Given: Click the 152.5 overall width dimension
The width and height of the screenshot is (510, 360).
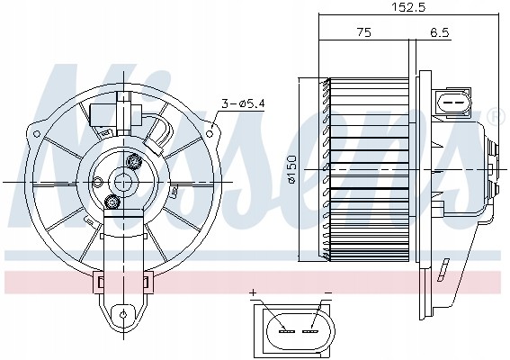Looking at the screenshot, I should (x=408, y=7).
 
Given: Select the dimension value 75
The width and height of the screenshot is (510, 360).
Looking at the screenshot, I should (x=363, y=32).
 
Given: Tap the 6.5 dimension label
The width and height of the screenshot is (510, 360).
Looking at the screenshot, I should (x=440, y=32).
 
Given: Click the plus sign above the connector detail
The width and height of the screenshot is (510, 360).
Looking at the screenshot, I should (x=255, y=293).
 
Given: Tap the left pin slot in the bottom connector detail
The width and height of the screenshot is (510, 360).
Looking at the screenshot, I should (x=288, y=331).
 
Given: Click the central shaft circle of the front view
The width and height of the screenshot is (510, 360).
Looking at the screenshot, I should (x=122, y=181).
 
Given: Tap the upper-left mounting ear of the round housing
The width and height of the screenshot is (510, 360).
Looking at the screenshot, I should (x=40, y=119).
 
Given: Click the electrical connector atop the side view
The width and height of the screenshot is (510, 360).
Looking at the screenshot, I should (x=455, y=103).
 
